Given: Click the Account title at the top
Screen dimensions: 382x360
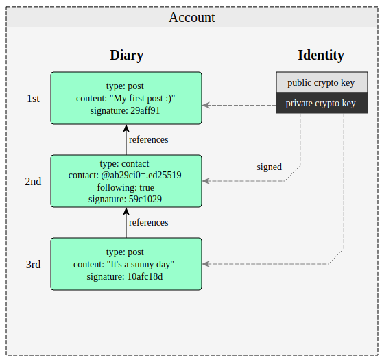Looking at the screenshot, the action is click(192, 18).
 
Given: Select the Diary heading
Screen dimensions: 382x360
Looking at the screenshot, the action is click(127, 55).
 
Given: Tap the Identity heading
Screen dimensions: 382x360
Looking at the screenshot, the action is click(321, 55).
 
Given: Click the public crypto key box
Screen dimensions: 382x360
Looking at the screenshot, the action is click(322, 82).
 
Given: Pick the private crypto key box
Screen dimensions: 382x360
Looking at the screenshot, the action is click(322, 103).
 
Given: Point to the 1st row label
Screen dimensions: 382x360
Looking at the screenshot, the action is click(33, 99).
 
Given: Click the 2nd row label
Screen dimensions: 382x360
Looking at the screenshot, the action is click(33, 182).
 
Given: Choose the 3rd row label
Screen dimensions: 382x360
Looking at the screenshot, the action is click(33, 265).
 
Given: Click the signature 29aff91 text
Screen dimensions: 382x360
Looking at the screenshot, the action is click(125, 111).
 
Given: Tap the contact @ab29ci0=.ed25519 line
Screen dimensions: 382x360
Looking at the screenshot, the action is click(125, 175).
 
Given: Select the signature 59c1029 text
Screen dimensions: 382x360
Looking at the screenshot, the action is click(125, 199).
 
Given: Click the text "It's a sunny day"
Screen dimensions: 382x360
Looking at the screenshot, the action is click(141, 264).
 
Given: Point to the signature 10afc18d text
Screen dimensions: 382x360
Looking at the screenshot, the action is click(125, 277).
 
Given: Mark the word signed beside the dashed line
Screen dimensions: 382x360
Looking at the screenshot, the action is click(270, 167).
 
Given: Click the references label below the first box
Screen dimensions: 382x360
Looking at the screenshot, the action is click(149, 140).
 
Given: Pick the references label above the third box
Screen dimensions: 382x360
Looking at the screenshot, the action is click(149, 223).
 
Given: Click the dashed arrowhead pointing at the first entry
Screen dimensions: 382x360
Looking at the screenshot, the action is click(206, 105).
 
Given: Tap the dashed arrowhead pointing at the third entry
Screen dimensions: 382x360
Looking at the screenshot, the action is click(206, 264).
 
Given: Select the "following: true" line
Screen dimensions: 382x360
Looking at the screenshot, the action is click(126, 188).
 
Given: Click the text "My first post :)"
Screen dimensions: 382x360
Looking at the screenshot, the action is click(143, 99).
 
